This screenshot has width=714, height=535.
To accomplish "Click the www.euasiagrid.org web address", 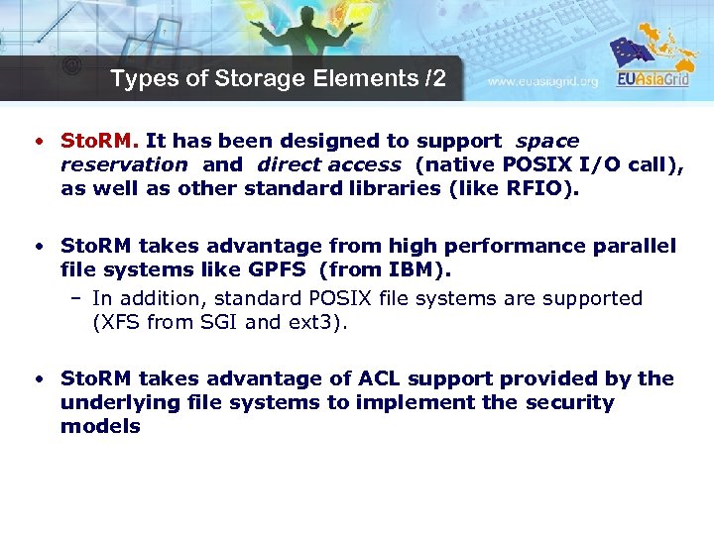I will [543, 82].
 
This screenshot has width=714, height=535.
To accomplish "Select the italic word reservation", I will [124, 164].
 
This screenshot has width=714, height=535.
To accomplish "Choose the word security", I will [570, 402].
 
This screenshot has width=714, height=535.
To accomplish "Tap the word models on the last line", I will [100, 426].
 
